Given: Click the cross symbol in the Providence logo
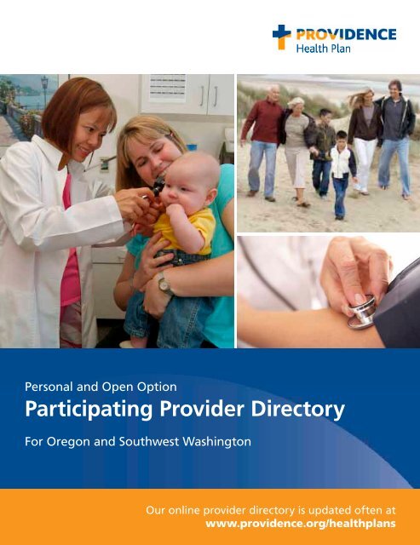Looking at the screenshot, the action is click(281, 37).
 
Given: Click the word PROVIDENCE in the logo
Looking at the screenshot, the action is click(346, 34).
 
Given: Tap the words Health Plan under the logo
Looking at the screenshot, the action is click(323, 48).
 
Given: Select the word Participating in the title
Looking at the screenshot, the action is click(89, 410).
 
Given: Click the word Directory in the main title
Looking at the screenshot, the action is click(297, 410).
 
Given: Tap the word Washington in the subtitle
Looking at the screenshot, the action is click(217, 442).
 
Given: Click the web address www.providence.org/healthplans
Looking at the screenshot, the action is click(301, 524).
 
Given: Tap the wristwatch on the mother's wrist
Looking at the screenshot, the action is click(164, 284).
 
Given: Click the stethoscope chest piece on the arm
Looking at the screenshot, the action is click(361, 312).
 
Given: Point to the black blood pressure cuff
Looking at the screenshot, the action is click(397, 306).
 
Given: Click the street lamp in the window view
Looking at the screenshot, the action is click(44, 91).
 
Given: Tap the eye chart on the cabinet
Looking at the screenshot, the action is click(168, 89).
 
